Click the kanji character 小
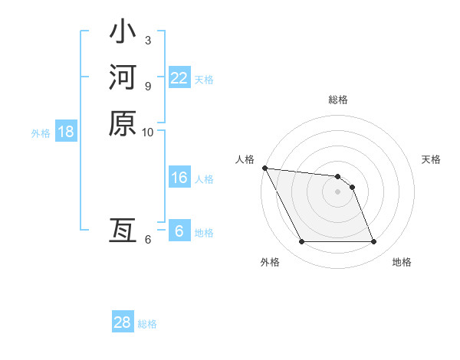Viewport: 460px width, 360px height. point(123,33)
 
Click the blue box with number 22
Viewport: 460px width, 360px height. point(179,77)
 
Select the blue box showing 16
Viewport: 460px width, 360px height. point(179,178)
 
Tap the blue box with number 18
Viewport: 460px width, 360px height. point(65,132)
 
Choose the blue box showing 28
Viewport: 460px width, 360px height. point(122,322)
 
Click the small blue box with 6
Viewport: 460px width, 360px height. point(179,231)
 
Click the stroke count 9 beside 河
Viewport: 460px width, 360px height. point(147,85)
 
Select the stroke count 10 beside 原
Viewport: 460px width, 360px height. point(148,131)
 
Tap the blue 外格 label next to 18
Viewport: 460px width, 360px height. point(41,133)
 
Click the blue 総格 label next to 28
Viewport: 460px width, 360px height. point(147,324)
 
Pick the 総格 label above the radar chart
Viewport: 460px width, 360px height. point(338,100)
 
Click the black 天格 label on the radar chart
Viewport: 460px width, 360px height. point(432,159)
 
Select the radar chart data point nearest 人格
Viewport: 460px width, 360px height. point(264,168)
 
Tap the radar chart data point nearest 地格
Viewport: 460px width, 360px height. point(373,242)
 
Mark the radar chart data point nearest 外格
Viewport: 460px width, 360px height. point(301,242)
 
